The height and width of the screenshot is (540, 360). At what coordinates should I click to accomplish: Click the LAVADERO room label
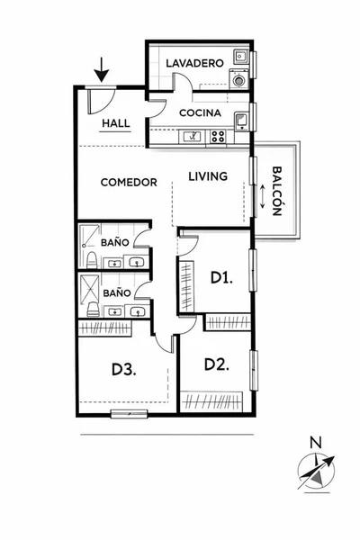pyautogui.click(x=194, y=63)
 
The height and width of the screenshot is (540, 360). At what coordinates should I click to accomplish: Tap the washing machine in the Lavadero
pyautogui.click(x=238, y=79)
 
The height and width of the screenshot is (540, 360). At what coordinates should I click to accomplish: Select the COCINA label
pyautogui.click(x=200, y=113)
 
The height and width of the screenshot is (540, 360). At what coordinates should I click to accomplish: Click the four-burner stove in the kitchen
pyautogui.click(x=218, y=137)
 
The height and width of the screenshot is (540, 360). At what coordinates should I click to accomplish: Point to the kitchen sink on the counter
pyautogui.click(x=193, y=137)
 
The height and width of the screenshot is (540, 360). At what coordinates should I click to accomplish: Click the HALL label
pyautogui.click(x=116, y=123)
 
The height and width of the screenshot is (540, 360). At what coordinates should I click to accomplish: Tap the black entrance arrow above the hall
pyautogui.click(x=102, y=69)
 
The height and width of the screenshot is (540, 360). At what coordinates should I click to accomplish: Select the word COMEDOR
pyautogui.click(x=129, y=182)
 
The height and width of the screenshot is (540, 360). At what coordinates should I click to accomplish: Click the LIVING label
pyautogui.click(x=208, y=176)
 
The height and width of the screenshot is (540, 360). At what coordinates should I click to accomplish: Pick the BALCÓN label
pyautogui.click(x=277, y=191)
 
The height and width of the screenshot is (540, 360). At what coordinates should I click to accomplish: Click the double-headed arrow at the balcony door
pyautogui.click(x=262, y=196)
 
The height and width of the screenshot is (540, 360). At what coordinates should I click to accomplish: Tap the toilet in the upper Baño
pyautogui.click(x=92, y=260)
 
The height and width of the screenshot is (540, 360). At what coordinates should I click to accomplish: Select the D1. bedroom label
pyautogui.click(x=222, y=277)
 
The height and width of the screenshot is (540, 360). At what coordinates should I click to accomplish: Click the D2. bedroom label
pyautogui.click(x=217, y=364)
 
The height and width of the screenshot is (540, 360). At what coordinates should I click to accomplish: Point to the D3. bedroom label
pyautogui.click(x=124, y=370)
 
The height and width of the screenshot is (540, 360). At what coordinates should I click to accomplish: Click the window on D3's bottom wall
pyautogui.click(x=130, y=413)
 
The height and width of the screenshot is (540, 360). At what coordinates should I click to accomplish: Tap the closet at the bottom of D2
pyautogui.click(x=211, y=401)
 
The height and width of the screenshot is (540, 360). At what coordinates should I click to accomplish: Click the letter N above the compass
pyautogui.click(x=316, y=443)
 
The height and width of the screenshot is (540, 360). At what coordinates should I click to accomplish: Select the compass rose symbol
pyautogui.click(x=316, y=471)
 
